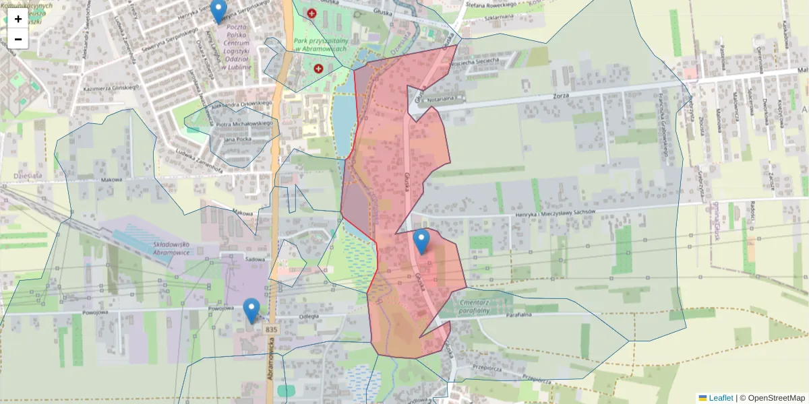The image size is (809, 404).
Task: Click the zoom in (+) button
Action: (x=18, y=19)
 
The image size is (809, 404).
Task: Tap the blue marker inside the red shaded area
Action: (x=421, y=241)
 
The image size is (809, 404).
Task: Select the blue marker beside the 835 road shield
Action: (x=251, y=310)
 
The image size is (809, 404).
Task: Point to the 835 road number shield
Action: (x=271, y=329)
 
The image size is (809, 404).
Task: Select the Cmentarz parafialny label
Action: (x=473, y=306)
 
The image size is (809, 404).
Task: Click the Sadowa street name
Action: (x=254, y=259)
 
